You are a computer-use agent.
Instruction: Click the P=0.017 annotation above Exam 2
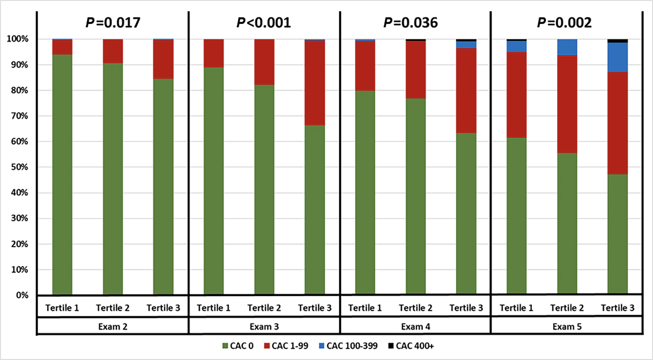coord(113,23)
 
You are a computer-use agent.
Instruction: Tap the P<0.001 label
coord(264,23)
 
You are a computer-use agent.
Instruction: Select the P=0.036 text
coord(410,23)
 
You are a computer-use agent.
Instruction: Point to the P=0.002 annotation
coord(564,23)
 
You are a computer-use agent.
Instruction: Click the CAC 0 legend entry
coord(238,346)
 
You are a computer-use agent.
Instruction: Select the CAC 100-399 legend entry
coord(348,346)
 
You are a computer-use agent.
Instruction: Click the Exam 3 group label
coord(264,327)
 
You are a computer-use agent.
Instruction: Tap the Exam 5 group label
coord(567,327)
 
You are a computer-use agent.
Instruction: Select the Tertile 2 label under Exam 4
coord(415,308)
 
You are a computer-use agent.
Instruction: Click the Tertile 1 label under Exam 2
coord(62,308)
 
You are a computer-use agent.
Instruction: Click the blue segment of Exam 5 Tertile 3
coord(618,57)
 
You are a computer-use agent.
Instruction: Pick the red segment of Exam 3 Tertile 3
coord(315,83)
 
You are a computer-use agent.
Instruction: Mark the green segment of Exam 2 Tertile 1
coord(62,174)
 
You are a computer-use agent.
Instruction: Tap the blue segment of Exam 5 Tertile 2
coord(567,47)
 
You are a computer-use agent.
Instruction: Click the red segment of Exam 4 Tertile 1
coord(365,66)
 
